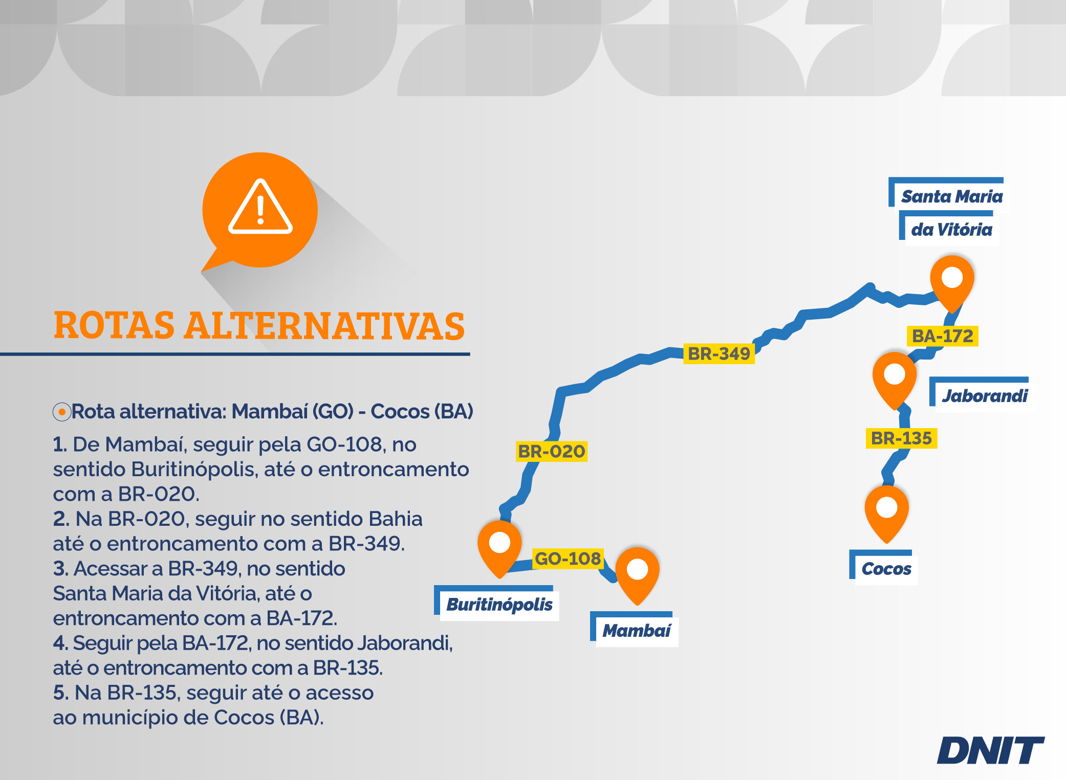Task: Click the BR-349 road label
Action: click(719, 353)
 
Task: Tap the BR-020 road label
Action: click(552, 452)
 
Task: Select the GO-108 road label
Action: click(568, 559)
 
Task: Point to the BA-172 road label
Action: click(943, 336)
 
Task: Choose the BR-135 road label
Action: click(902, 438)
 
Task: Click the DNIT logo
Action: click(991, 750)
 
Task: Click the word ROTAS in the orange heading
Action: click(115, 326)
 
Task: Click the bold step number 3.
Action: click(60, 568)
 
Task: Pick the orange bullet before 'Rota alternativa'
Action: click(62, 412)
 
